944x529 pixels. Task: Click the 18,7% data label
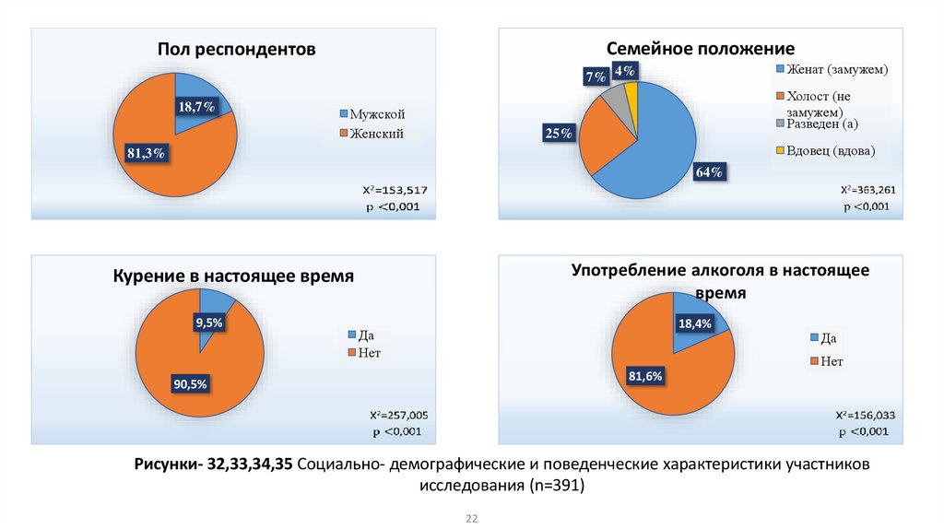tap(196, 108)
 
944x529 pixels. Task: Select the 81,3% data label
tap(146, 153)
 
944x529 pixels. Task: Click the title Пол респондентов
tap(236, 49)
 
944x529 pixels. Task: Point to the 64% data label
tap(709, 172)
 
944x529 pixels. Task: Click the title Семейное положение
tap(700, 48)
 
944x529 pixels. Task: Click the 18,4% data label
tap(696, 323)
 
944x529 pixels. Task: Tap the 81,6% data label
tap(646, 375)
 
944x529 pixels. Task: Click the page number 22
tap(471, 520)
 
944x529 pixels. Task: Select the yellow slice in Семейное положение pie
tap(631, 92)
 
